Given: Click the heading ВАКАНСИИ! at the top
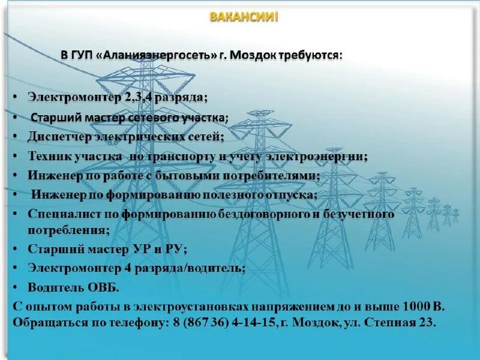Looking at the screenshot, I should (x=244, y=17).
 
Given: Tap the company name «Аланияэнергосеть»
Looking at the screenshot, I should (x=160, y=55).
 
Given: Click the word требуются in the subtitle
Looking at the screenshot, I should (x=309, y=55).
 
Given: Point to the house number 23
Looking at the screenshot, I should (x=426, y=322).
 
